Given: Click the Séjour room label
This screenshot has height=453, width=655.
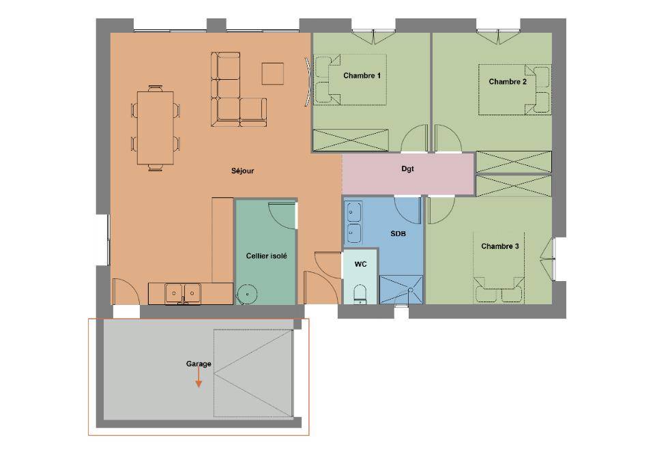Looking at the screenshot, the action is coord(242,171).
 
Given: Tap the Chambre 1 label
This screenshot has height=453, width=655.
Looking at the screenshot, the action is coord(362,76).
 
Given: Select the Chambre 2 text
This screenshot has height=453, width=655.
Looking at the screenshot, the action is coord(508,81).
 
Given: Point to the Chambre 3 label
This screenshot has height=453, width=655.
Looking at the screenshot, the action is coord(500,246).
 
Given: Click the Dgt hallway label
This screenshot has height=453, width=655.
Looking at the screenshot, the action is coord(408,169).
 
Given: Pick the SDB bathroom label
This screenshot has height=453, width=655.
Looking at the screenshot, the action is coord(398,234).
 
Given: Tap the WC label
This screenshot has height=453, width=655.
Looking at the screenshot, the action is coord(360,264).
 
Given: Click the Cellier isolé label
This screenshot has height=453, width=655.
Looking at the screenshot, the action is coord(267,256).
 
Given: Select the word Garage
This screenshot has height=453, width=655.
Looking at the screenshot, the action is coord(199,364).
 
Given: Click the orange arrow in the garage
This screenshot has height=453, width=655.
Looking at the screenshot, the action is coord(199,378).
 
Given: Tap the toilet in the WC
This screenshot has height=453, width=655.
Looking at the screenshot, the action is coord(360,294).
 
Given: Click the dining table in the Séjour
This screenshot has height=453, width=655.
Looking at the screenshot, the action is coord(156,128).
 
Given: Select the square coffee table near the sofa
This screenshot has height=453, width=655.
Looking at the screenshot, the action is coord(273,74).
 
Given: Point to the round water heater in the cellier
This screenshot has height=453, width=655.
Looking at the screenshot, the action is coord(246,294).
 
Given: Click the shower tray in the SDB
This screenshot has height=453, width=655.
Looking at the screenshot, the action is coord(401,289).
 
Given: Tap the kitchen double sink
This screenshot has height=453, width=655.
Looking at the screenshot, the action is coord(182,293).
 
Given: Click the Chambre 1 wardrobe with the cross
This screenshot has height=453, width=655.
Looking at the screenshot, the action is coord(351,141).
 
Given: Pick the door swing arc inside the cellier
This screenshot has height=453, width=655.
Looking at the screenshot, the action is coord(282,216).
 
